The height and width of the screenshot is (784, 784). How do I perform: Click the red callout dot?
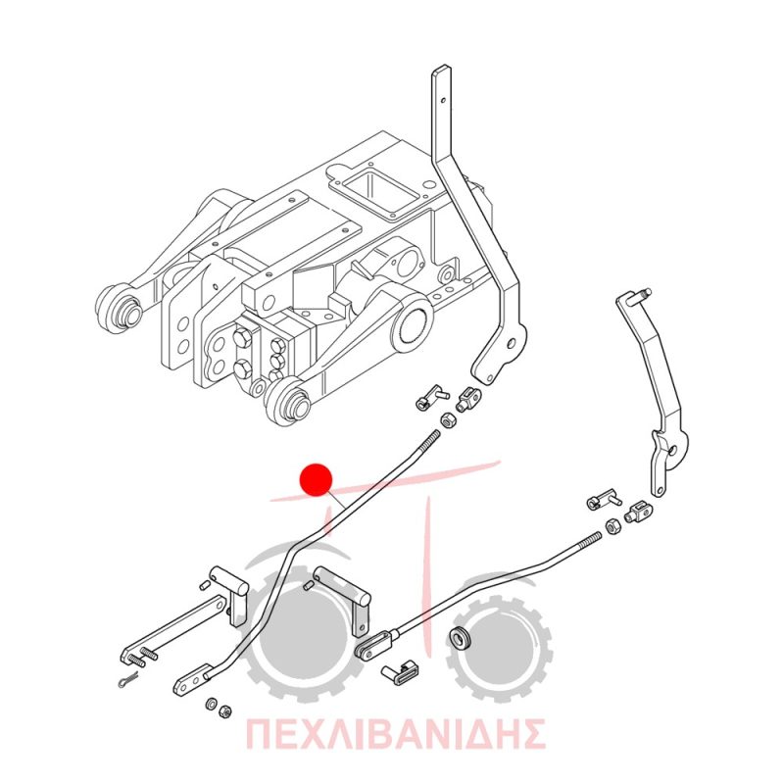(x=316, y=479)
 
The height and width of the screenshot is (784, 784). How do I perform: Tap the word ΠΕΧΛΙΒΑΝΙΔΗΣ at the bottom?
(x=395, y=734)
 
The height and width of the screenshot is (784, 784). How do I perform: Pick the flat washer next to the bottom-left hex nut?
(x=211, y=704)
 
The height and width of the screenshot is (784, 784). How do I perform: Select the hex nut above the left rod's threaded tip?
(x=447, y=420)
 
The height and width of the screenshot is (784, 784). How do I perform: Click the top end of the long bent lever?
(x=440, y=70)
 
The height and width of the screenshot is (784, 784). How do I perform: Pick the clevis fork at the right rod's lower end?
(x=376, y=645)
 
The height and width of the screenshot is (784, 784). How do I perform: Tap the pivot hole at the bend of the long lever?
(x=510, y=343)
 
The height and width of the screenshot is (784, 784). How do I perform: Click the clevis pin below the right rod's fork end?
(x=401, y=672)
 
